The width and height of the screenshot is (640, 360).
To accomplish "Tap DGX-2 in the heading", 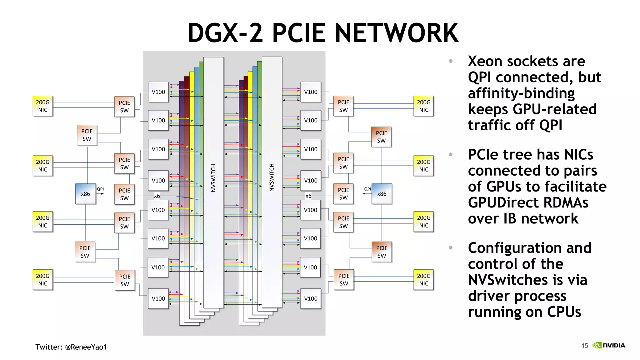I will click(x=225, y=33).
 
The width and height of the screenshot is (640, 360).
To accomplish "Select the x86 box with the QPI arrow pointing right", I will click(x=85, y=194).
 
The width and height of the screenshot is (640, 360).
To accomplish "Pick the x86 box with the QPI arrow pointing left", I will click(x=382, y=194).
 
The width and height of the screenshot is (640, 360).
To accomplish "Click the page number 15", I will click(x=585, y=346).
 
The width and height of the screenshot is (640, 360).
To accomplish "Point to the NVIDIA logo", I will click(x=609, y=345).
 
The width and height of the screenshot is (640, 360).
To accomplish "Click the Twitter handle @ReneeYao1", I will click(x=86, y=347).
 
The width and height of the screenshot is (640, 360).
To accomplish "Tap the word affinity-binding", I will click(x=521, y=93).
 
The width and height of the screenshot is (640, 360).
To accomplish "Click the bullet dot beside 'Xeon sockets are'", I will click(x=451, y=61).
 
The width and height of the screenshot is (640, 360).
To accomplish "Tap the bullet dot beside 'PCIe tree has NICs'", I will click(x=451, y=154).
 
